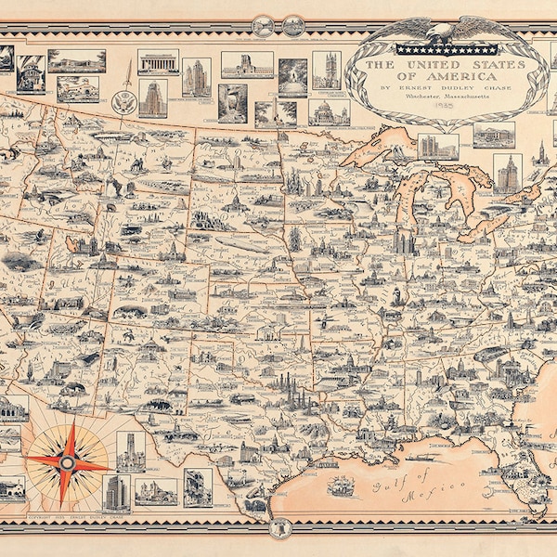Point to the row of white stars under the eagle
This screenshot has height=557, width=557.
pos(432,49)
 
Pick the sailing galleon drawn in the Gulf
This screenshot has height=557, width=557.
pos(341,484)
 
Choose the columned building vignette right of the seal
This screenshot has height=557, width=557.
pos(158,62)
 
